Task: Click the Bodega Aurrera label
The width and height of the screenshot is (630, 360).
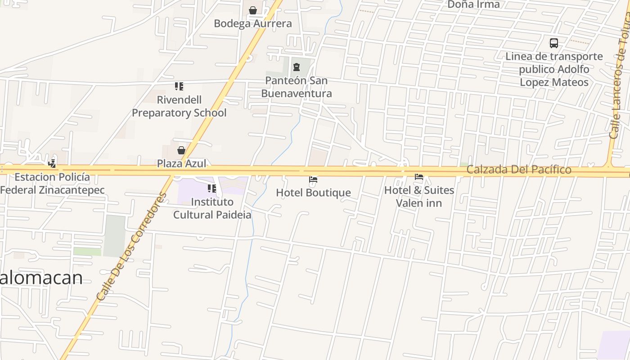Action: [x=252, y=23]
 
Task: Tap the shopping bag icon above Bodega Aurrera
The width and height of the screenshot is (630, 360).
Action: [x=253, y=10]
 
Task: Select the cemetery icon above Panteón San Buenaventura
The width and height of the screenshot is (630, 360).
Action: [x=296, y=67]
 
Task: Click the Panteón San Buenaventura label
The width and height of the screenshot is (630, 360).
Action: [x=297, y=87]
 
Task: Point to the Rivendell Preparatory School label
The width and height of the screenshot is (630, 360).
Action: [x=179, y=106]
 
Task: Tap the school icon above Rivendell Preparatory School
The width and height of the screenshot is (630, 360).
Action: [x=179, y=86]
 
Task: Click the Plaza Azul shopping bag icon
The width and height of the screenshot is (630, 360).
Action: [x=181, y=150]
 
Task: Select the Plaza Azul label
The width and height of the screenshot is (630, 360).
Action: [x=182, y=163]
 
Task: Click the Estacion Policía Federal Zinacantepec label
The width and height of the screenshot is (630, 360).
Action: [x=52, y=184]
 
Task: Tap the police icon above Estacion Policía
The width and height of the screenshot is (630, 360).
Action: [x=53, y=164]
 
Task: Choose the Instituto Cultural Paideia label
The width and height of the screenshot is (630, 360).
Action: [x=212, y=208]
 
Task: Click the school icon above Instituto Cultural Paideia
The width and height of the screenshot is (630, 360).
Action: [x=211, y=189]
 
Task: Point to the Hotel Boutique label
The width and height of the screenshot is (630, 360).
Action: [x=313, y=193]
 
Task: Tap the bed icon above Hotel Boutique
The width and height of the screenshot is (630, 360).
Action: [x=313, y=180]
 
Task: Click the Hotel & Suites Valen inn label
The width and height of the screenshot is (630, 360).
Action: [x=419, y=197]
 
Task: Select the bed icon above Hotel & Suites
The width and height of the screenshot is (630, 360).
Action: [x=419, y=177]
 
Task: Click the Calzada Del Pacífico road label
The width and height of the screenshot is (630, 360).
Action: [x=519, y=170]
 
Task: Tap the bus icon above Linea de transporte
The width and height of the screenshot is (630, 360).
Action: [x=554, y=43]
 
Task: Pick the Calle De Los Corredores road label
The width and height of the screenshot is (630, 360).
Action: [x=131, y=247]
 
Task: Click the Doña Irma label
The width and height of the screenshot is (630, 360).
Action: [x=473, y=4]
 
